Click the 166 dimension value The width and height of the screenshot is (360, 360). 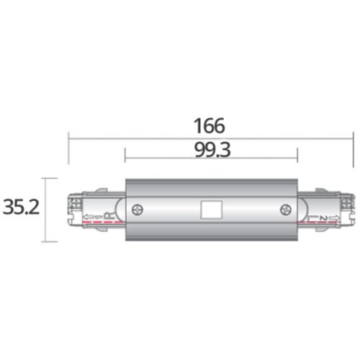[210, 126]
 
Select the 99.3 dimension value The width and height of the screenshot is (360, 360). [212, 150]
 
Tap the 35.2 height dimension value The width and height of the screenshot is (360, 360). [21, 207]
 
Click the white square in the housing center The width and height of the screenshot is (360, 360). [211, 210]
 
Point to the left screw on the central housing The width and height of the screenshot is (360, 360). [138, 210]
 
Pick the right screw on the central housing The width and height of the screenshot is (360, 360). [286, 210]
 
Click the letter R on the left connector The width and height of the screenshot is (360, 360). [109, 215]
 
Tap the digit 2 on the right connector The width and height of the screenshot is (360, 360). [323, 218]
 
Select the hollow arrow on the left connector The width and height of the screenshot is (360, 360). [88, 217]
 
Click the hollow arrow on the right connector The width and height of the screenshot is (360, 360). [335, 218]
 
